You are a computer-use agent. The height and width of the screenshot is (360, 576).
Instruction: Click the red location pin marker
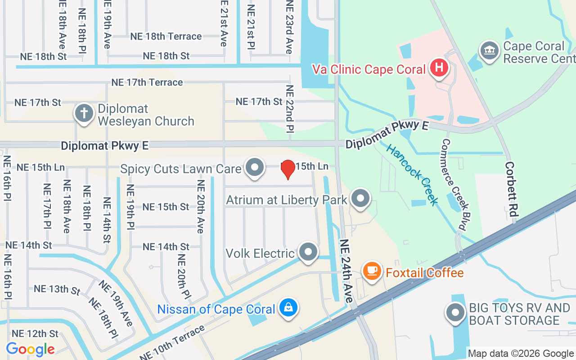[x=288, y=169]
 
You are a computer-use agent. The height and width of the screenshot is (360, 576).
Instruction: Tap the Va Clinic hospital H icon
[x=439, y=68]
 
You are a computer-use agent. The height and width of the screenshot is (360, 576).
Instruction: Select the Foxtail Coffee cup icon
[x=372, y=271]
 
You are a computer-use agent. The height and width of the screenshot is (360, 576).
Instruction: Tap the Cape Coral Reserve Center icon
[x=489, y=50]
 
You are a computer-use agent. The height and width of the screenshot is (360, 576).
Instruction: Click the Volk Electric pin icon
[x=308, y=252]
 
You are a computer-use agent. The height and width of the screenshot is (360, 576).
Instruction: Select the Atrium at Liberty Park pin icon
[x=360, y=198]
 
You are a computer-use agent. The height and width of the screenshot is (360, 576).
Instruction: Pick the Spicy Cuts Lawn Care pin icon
[x=255, y=167]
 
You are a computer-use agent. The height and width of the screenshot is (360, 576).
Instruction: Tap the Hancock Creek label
[x=412, y=175]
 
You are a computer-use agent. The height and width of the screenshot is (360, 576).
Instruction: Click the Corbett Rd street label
[x=510, y=189]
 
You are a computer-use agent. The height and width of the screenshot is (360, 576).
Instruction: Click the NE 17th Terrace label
[x=147, y=82]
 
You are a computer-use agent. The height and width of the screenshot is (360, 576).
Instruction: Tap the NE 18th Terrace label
[x=166, y=36]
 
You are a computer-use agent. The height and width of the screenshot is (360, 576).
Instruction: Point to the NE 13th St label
[x=57, y=289]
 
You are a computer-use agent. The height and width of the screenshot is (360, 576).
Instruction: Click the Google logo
[x=30, y=349]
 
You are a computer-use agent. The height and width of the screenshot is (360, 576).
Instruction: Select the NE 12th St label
[x=35, y=333]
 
